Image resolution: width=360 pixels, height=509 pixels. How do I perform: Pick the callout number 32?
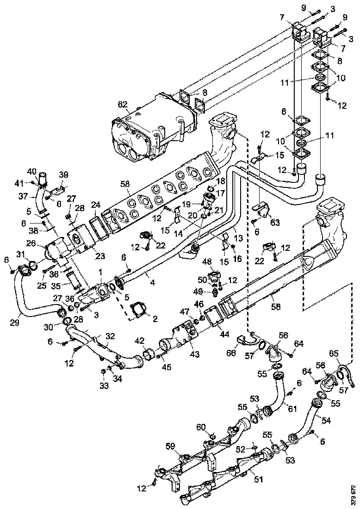pos(110,336)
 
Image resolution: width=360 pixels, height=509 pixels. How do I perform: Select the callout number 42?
pos(139,341)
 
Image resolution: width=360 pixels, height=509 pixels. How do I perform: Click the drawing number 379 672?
pos(353,495)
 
